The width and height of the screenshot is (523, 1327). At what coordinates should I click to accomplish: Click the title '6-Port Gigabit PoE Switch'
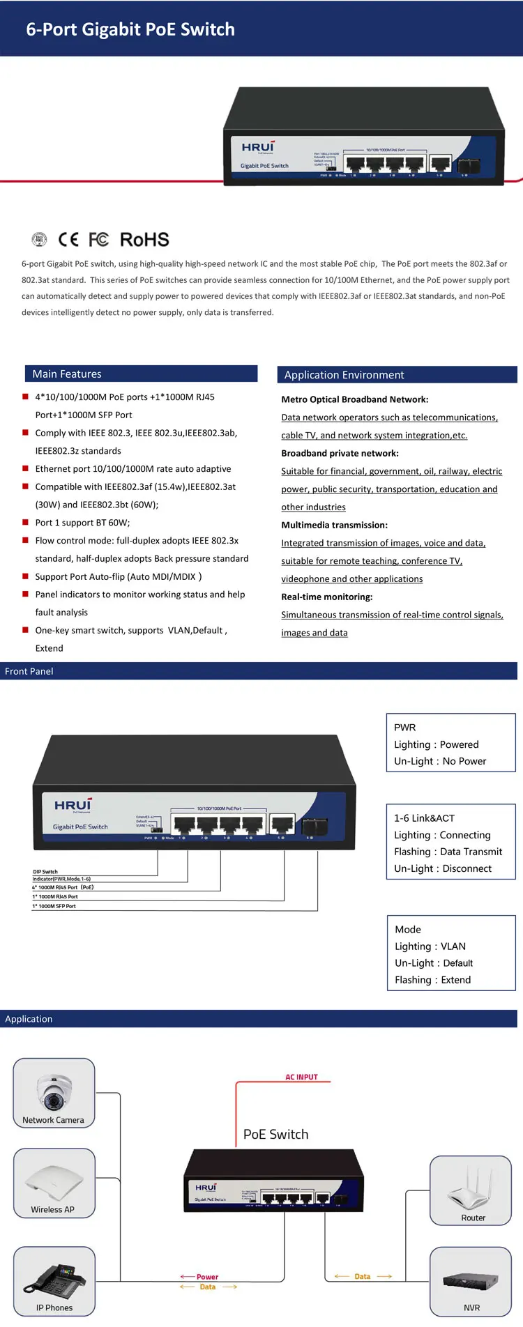130,29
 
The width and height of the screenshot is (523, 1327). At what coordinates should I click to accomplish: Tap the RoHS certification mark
144,240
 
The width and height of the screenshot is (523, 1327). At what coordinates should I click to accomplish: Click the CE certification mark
68,240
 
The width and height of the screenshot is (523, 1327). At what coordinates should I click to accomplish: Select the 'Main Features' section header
67,374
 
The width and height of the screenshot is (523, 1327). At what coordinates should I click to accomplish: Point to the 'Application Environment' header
344,375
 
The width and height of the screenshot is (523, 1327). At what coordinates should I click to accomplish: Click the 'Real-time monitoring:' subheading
327,597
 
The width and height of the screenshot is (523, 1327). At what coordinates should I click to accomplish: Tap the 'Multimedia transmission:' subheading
335,526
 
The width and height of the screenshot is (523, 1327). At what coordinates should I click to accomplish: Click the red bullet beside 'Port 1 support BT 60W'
26,522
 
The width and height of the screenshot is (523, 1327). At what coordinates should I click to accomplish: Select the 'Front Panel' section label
29,671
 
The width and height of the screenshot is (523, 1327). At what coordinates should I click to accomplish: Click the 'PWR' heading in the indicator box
405,728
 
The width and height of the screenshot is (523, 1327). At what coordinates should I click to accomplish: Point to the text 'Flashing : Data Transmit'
448,852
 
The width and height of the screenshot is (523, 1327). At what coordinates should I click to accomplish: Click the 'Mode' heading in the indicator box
408,930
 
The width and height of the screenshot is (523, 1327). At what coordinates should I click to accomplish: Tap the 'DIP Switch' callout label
45,872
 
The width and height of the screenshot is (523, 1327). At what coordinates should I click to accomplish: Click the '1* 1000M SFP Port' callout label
54,906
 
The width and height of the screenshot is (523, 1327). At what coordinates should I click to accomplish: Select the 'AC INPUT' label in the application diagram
301,1077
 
